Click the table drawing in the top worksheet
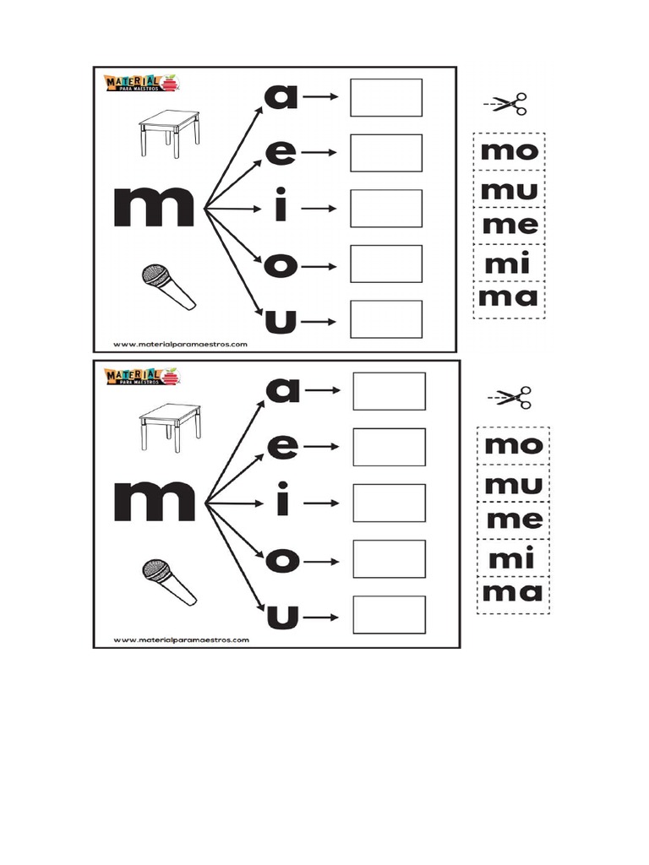point(170,133)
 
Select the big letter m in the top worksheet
point(154,208)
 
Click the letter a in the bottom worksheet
point(283,389)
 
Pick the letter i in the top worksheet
point(281,208)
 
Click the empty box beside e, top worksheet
point(386,153)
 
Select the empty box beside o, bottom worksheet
point(389,558)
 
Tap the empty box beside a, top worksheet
point(386,97)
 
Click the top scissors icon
point(507,105)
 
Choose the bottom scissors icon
point(512,397)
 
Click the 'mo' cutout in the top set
point(509,152)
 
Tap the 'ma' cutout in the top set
point(509,297)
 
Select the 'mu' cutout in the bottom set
point(513,485)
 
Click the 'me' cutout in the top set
point(510,225)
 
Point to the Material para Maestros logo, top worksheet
point(140,83)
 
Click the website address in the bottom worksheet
point(180,640)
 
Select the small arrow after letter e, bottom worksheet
point(324,447)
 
